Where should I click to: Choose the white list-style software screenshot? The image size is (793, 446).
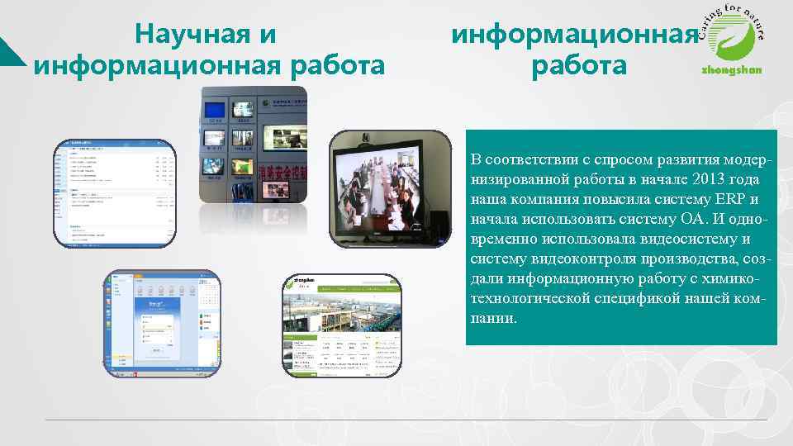point(115,192)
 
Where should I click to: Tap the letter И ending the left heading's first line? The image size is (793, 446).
point(268,35)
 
